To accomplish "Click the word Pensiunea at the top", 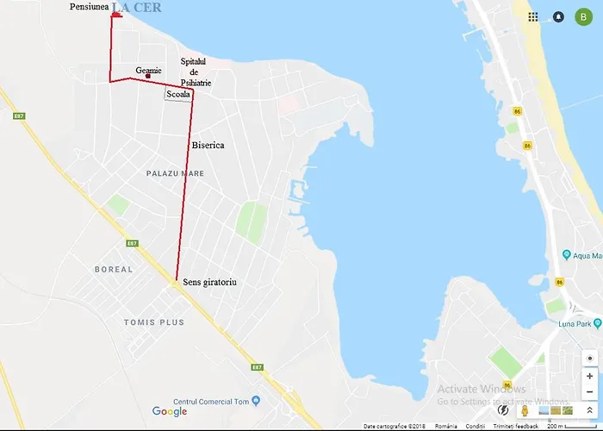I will pos(90,7).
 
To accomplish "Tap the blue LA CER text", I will pos(136,8).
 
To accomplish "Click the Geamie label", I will pos(148,70).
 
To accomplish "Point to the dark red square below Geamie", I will pos(148,77).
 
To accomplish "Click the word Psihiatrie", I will pos(195,83).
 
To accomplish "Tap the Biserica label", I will pos(208,145).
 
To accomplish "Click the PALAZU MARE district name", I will pos(175,173).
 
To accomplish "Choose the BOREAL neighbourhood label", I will pos(114,269).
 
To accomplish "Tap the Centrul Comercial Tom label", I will pos(216,401).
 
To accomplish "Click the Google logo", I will pos(170,411).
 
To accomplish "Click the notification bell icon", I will pos(558,16).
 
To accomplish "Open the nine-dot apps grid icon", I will pos(533,16).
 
